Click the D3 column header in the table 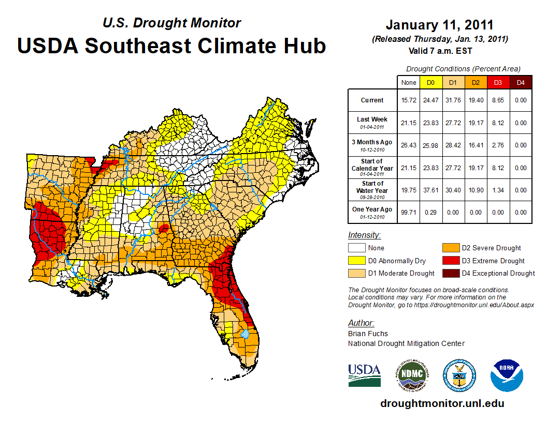497,82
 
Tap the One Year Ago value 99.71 408,212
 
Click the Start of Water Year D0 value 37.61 430,190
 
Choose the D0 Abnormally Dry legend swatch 357,261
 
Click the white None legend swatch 357,248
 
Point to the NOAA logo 507,375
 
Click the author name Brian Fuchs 368,334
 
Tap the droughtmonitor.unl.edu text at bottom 442,403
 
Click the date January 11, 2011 440,25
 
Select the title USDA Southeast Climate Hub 171,46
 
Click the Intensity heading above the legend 364,235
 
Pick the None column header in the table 408,82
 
